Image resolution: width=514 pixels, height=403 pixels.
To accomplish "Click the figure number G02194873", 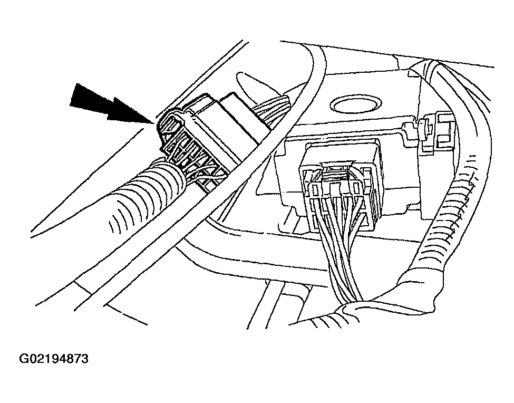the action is click(54, 359).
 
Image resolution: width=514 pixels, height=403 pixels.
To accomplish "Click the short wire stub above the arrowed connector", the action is click(271, 105).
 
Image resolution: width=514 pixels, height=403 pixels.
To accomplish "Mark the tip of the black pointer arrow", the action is click(154, 123).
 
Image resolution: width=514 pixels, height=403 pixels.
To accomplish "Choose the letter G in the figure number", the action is click(23, 359).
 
